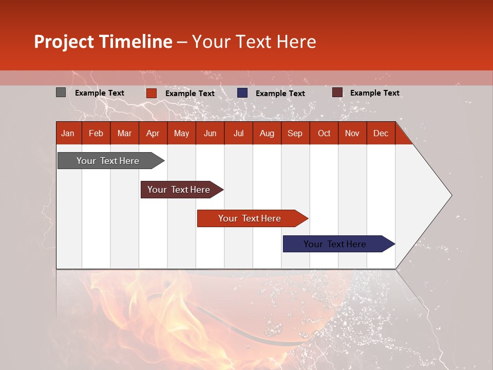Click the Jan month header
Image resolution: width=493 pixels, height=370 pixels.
tap(68, 133)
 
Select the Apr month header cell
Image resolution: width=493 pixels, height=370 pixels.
tap(153, 133)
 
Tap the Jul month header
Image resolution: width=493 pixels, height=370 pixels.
tap(238, 133)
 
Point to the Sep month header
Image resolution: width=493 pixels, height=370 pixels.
tap(295, 133)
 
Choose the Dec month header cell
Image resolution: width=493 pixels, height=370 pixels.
tap(381, 133)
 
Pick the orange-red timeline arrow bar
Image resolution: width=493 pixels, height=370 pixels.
tap(250, 218)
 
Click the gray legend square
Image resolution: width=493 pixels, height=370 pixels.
tap(61, 92)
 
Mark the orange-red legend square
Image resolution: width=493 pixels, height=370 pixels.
tap(151, 93)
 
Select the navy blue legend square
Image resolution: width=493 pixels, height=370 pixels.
tap(242, 93)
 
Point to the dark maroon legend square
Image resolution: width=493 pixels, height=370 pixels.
tap(337, 92)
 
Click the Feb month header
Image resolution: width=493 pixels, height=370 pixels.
tap(96, 133)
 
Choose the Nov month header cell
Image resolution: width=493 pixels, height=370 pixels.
tap(352, 133)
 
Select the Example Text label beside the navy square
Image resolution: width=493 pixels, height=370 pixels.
tap(280, 94)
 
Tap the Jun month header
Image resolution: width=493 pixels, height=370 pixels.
tap(210, 133)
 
